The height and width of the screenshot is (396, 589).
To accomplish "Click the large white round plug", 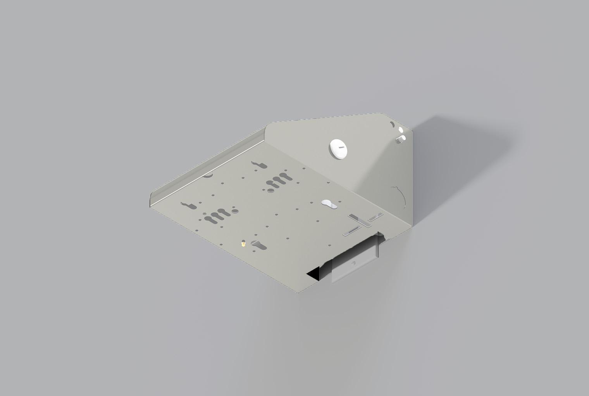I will click(x=338, y=149).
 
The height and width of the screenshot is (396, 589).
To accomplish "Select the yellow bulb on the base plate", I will click(x=243, y=244).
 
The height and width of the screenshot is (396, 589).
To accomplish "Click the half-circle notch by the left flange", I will click(x=208, y=176).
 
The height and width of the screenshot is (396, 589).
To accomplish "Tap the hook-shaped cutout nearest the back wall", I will click(x=259, y=166).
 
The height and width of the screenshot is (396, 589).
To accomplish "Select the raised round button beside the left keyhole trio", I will click(x=235, y=212).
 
